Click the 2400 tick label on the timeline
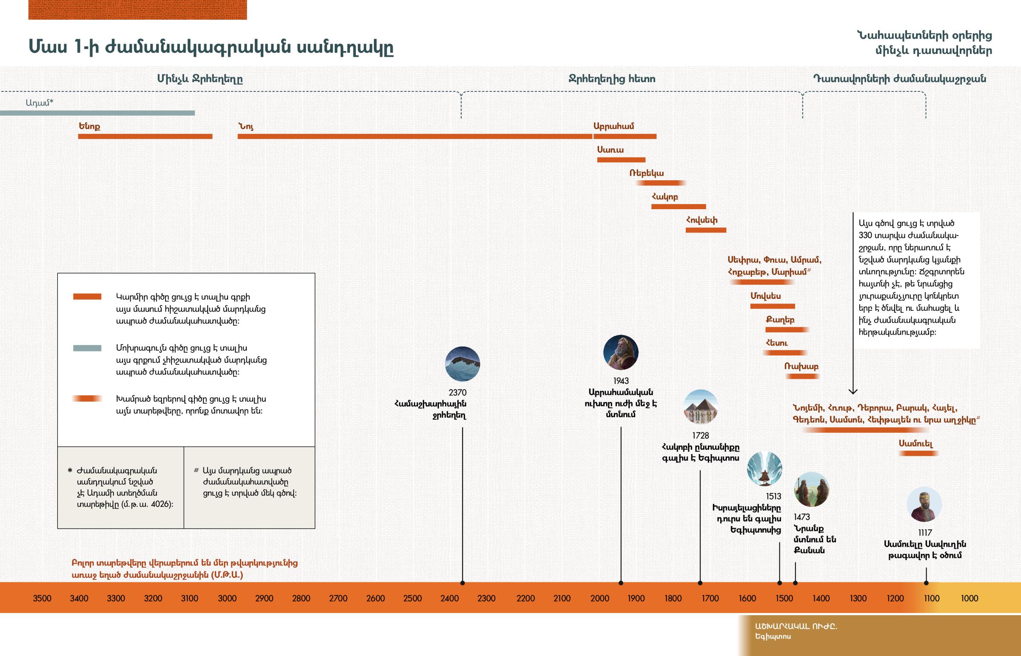[449, 599]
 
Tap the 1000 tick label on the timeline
[969, 599]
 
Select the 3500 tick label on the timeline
[42, 599]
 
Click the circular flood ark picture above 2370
[462, 364]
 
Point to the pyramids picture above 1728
[701, 407]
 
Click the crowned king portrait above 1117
[924, 504]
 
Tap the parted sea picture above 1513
[764, 469]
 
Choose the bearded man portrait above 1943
[620, 352]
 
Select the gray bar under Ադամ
[97, 114]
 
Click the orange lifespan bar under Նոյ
[415, 137]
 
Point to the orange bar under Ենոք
[145, 137]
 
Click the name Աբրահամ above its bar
[613, 126]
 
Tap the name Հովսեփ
[702, 220]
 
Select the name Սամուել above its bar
[916, 443]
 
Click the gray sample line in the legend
[87, 348]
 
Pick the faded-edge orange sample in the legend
[87, 399]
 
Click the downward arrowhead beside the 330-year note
[853, 391]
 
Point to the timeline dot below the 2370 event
[462, 583]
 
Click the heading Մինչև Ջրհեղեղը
[200, 79]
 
